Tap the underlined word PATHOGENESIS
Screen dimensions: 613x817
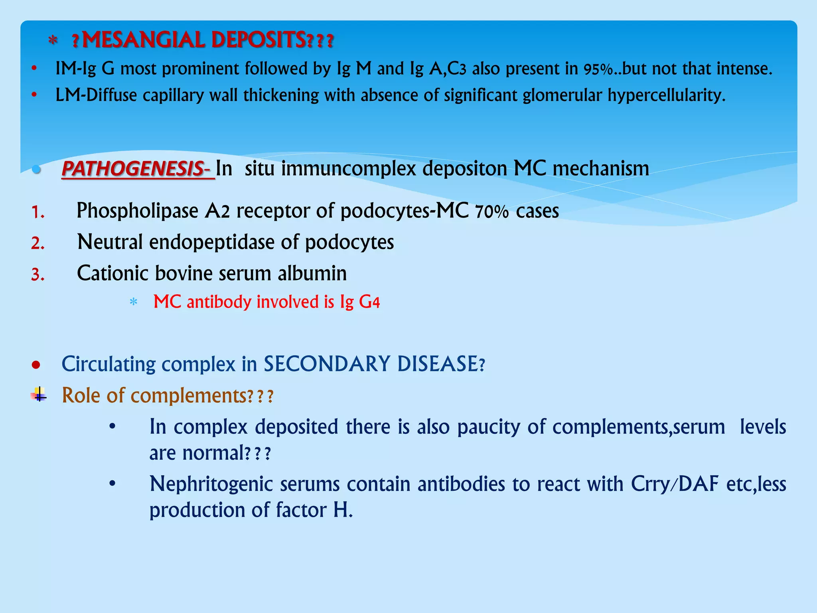[x=133, y=169]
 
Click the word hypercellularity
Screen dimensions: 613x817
[x=666, y=95]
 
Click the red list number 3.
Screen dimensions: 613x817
[x=38, y=275]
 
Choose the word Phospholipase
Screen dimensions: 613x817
[x=137, y=211]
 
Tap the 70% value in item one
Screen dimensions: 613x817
[x=491, y=212]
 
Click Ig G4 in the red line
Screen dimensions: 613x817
[x=360, y=302]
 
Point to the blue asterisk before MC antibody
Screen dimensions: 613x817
[x=134, y=302]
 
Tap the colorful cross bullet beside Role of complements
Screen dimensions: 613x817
[x=39, y=395]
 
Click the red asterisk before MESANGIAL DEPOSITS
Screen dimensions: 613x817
[x=53, y=41]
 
